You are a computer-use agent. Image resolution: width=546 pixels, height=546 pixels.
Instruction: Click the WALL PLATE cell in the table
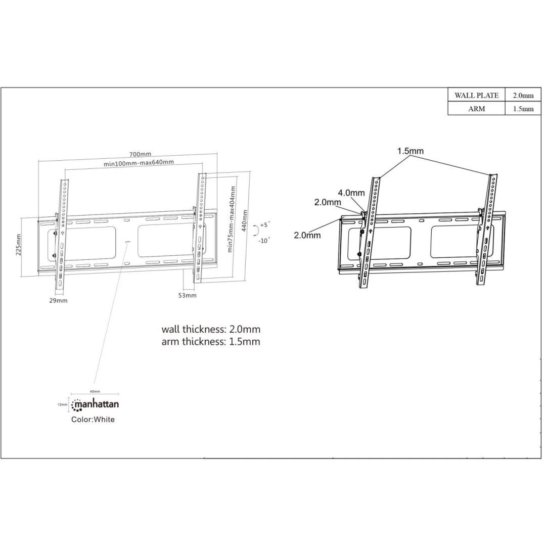tap(476, 95)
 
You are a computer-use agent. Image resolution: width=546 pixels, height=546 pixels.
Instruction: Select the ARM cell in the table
tap(476, 109)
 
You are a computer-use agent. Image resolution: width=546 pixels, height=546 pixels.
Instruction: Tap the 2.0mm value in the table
tap(523, 95)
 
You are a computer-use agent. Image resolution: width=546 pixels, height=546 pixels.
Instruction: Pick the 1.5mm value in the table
tap(523, 109)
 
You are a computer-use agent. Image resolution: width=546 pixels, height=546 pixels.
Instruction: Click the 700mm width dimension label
tap(140, 154)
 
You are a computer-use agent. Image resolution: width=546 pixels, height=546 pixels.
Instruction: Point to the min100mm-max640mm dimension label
tap(139, 163)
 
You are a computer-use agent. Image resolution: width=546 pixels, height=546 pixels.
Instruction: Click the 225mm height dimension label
tap(19, 245)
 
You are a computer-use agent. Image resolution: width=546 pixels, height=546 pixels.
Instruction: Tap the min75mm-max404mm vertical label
tap(232, 218)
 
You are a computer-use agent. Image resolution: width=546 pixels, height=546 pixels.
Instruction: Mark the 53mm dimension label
tap(187, 295)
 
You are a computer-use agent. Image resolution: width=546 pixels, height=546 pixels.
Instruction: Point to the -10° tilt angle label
tap(264, 241)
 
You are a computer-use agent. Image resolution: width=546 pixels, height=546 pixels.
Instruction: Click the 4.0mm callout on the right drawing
tap(351, 193)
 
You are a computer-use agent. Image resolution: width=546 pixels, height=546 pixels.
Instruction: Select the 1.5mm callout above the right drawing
tap(410, 151)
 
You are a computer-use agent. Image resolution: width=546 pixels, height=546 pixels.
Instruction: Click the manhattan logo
tap(96, 405)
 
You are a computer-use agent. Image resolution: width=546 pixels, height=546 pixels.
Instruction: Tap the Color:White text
tap(93, 420)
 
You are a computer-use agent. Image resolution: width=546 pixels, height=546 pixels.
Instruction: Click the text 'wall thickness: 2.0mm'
tap(211, 329)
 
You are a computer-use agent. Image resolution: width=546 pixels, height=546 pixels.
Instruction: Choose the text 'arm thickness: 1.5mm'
tap(211, 342)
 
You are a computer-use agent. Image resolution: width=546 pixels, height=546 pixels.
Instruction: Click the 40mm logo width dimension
tap(95, 392)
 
